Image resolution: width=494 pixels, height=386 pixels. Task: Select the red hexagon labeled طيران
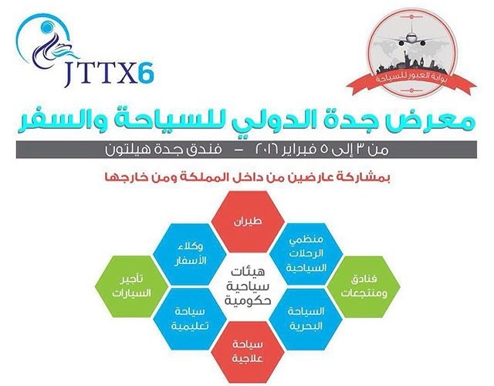point(248,222)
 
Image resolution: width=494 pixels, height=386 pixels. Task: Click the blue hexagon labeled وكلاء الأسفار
point(190,254)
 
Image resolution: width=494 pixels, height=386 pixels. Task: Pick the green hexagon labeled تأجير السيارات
point(132,286)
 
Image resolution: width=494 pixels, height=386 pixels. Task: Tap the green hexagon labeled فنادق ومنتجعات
point(364,286)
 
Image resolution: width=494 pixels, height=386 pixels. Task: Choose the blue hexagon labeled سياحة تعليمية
point(190,319)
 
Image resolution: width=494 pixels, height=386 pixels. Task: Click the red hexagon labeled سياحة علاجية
point(248,352)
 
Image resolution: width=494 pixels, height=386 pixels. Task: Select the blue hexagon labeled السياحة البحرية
point(306,319)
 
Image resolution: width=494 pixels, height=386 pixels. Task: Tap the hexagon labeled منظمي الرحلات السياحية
point(306,254)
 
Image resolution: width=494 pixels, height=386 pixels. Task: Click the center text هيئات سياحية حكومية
point(248,286)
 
